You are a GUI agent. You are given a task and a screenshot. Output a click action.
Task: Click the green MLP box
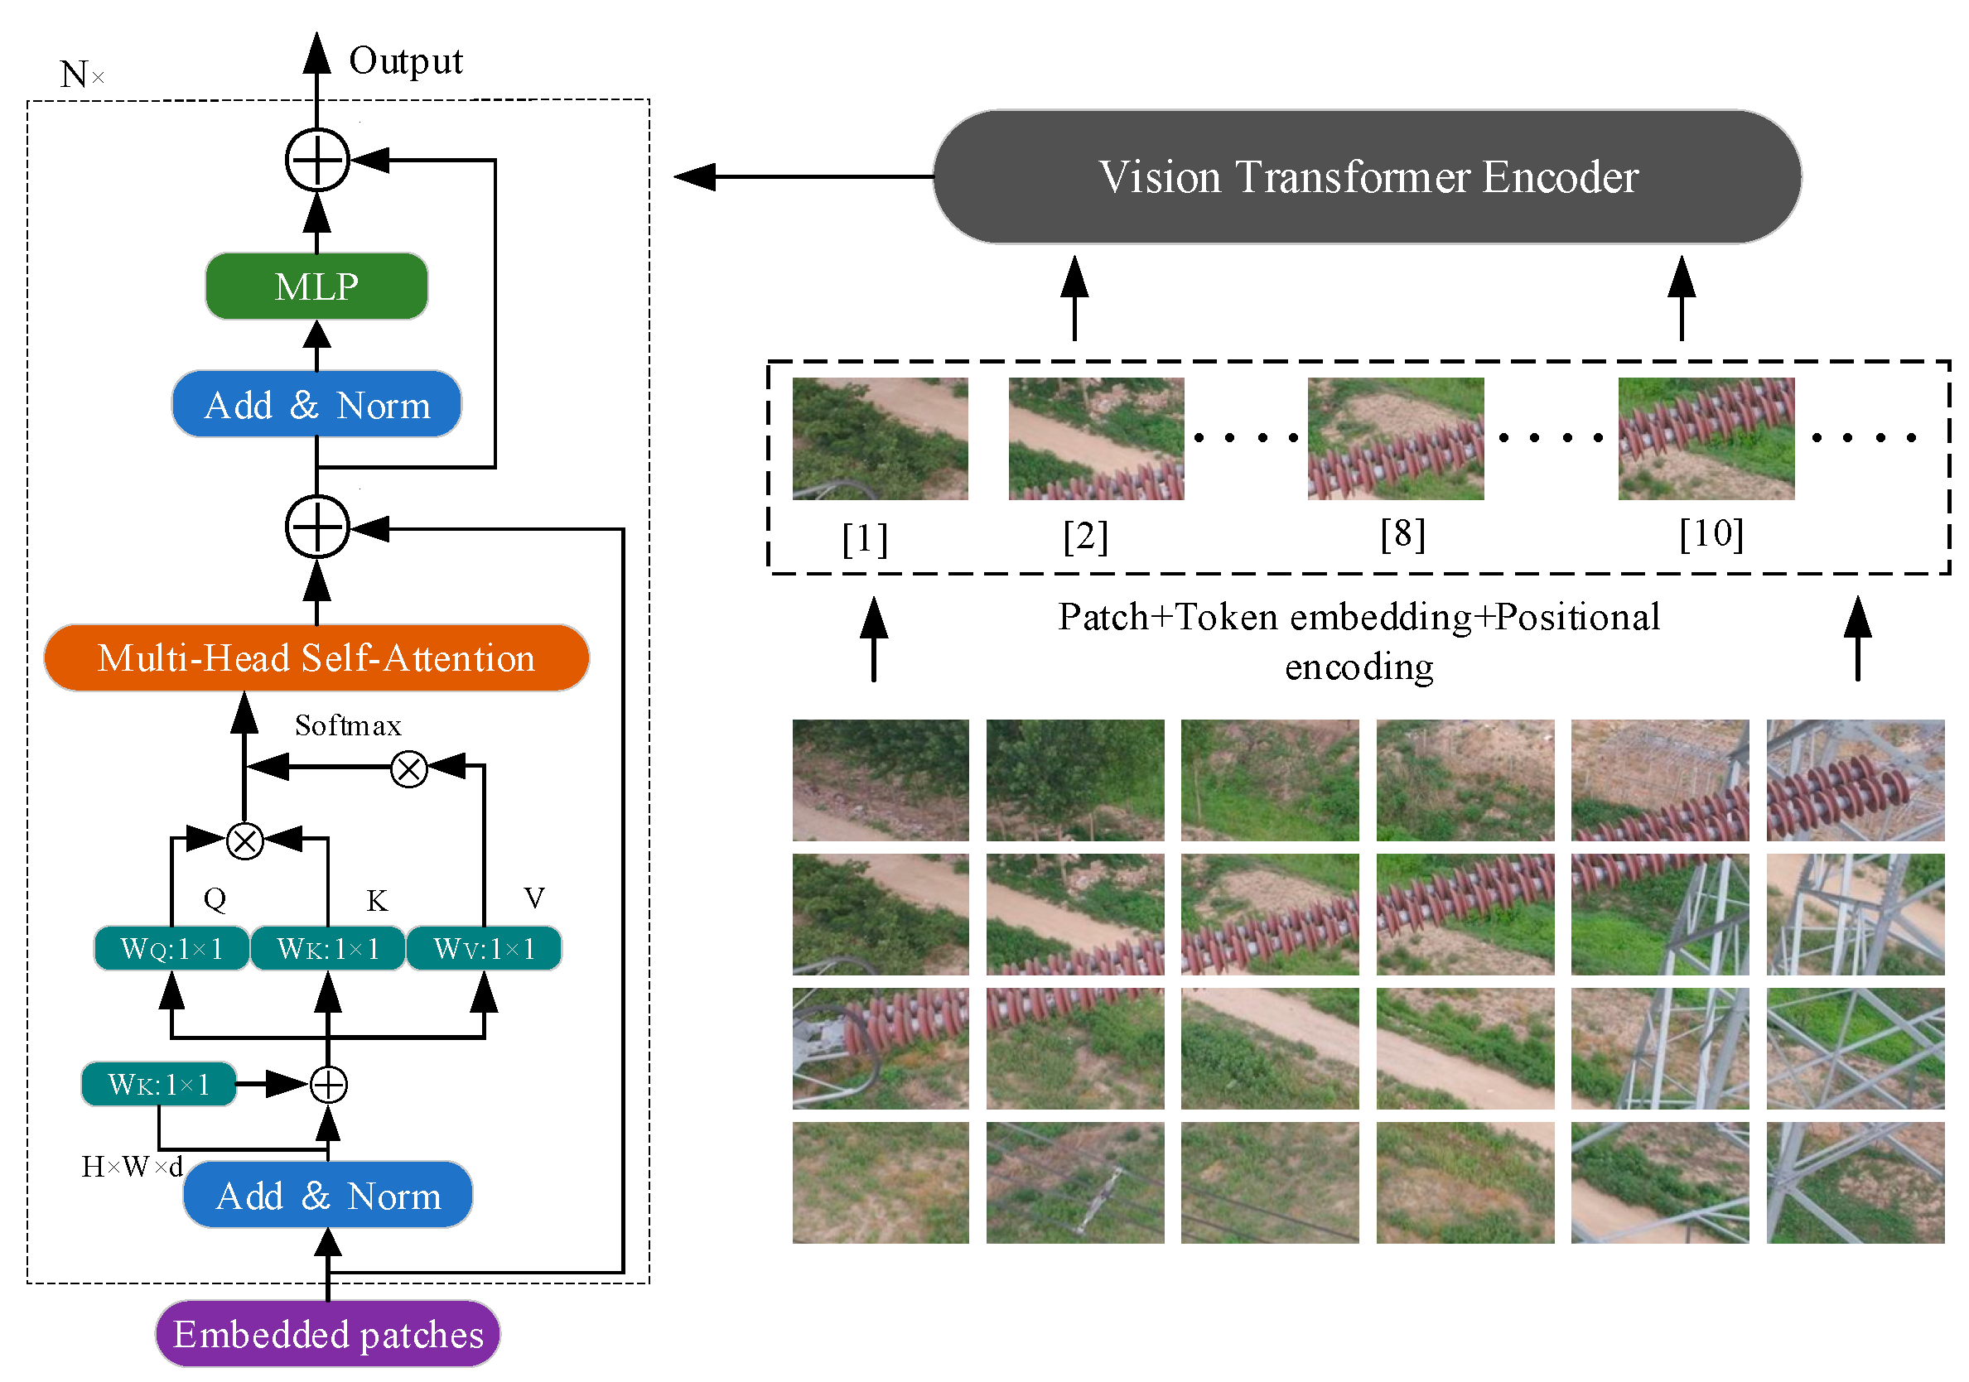(x=316, y=287)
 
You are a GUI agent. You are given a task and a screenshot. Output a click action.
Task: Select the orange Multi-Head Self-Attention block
(x=316, y=658)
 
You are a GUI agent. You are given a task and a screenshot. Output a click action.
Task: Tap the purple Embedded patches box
(x=327, y=1335)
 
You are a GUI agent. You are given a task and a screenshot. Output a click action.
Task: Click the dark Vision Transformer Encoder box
(x=1367, y=177)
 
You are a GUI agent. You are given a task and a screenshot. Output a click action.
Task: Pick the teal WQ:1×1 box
(x=171, y=949)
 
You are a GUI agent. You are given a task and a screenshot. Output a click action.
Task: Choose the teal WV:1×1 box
(x=485, y=949)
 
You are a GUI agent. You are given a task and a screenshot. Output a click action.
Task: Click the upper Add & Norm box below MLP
(x=316, y=405)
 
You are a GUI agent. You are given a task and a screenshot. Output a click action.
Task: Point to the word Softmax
(x=348, y=726)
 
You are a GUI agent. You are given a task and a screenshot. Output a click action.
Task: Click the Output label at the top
(x=406, y=62)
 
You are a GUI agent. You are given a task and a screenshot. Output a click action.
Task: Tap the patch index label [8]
(x=1403, y=534)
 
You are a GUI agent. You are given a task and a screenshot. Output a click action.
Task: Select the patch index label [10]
(x=1711, y=534)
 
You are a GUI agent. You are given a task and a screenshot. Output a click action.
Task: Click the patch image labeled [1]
(x=880, y=439)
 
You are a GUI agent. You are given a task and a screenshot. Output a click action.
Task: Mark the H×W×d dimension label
(x=132, y=1167)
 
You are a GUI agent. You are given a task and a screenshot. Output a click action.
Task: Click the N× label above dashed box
(x=81, y=75)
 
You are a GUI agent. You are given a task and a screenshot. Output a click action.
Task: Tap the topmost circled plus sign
(x=317, y=161)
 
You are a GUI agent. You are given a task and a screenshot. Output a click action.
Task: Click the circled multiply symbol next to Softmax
(x=409, y=769)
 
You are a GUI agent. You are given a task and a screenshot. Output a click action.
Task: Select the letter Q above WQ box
(x=215, y=898)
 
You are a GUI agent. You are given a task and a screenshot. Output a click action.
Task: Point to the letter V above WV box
(x=534, y=898)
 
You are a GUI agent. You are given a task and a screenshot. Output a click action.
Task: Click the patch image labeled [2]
(x=1096, y=439)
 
